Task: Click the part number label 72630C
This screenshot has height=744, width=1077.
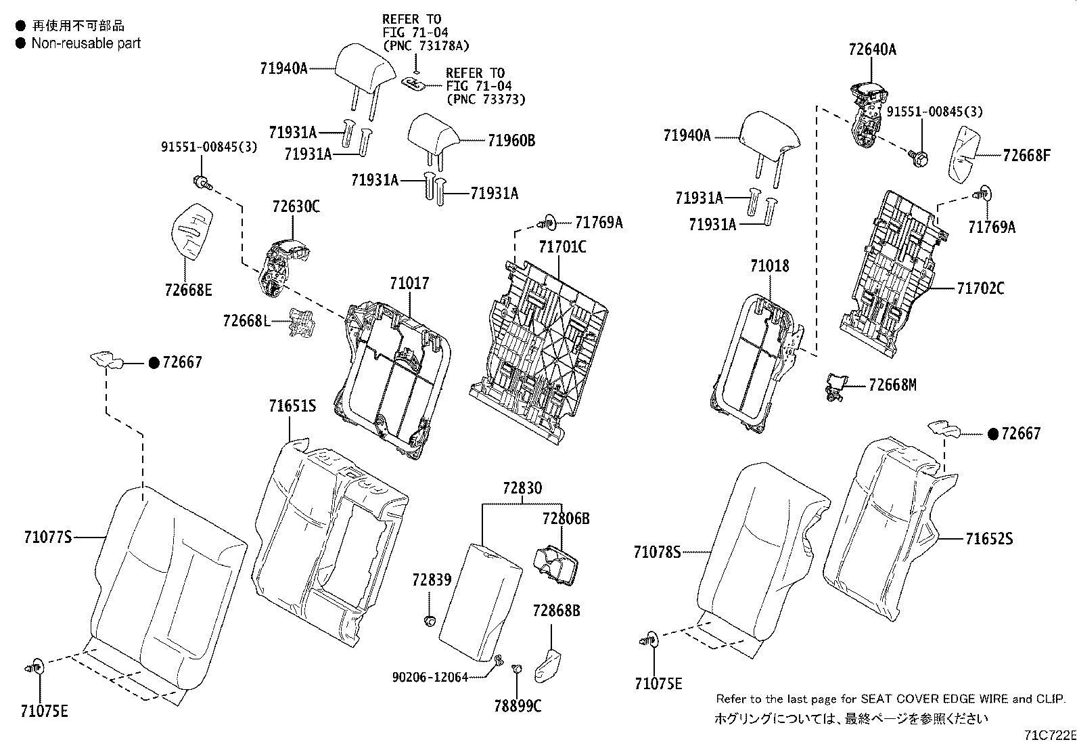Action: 296,206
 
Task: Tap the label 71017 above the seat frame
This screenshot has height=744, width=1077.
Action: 409,284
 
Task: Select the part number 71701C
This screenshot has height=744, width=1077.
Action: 562,247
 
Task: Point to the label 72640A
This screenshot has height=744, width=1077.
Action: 872,49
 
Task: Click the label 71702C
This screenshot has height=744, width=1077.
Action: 980,289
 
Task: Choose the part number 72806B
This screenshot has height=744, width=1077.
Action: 566,519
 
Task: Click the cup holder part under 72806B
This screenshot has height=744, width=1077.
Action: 555,564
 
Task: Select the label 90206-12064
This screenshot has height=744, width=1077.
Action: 430,676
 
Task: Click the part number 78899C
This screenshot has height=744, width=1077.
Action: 518,706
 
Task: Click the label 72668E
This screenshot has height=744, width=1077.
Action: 188,290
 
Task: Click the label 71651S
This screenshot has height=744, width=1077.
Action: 292,406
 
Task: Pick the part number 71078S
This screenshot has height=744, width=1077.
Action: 657,552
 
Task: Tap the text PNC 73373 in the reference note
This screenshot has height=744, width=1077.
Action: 486,100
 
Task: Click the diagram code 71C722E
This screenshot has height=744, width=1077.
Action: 1049,735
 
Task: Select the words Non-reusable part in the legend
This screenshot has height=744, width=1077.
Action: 86,43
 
